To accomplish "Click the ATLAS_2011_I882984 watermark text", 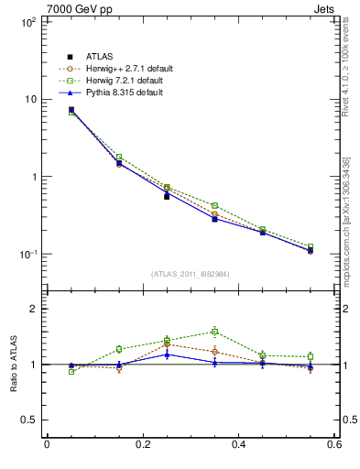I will click(x=191, y=275).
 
